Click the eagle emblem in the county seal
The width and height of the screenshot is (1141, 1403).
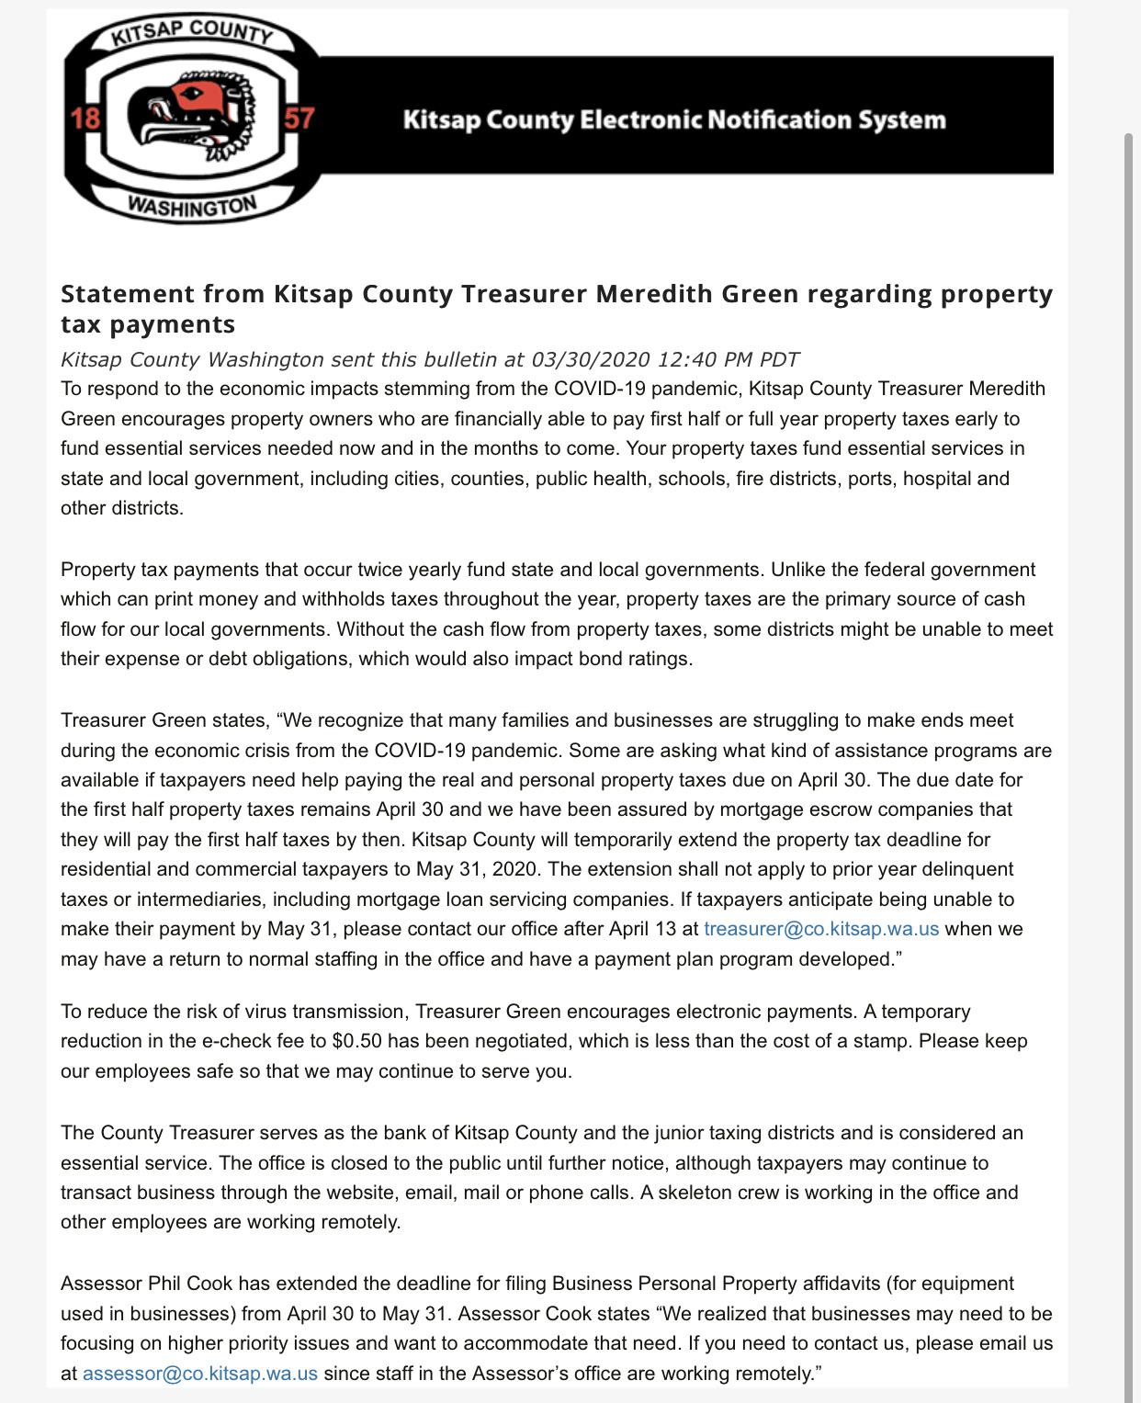point(190,119)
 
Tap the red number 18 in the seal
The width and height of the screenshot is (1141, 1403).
point(85,119)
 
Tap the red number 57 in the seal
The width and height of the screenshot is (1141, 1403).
point(299,119)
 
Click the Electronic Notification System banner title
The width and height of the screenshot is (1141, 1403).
point(674,120)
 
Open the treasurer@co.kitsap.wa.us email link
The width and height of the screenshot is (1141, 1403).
point(821,929)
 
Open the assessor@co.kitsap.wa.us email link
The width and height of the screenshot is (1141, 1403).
point(200,1374)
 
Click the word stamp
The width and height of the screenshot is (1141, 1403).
point(883,1041)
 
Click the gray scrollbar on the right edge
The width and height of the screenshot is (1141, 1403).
point(1130,643)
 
